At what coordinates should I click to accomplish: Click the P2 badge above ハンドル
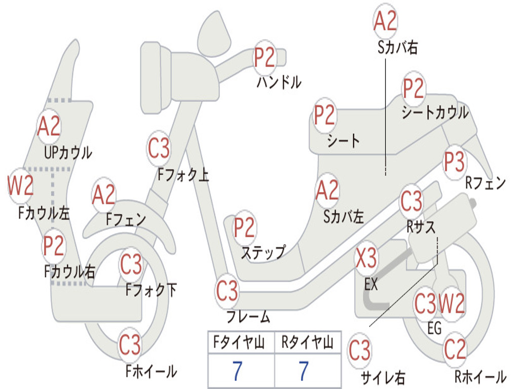tap(265, 58)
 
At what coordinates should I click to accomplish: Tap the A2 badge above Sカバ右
tap(385, 20)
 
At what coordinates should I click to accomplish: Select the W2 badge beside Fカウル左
tap(21, 185)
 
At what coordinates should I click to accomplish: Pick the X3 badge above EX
tap(366, 258)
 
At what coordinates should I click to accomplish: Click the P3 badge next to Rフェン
tap(454, 162)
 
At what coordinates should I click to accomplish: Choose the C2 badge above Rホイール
tap(455, 349)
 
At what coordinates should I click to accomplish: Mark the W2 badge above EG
tap(452, 303)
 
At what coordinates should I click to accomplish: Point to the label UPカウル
tap(68, 153)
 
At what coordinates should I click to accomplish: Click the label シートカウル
tap(435, 112)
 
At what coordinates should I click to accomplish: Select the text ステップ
tap(263, 253)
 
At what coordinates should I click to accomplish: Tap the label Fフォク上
tap(183, 175)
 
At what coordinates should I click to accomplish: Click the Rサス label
tap(421, 227)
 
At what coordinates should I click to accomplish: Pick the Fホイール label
tap(151, 371)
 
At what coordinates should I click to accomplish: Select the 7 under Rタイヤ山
tap(304, 371)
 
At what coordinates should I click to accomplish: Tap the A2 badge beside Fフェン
tap(104, 195)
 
